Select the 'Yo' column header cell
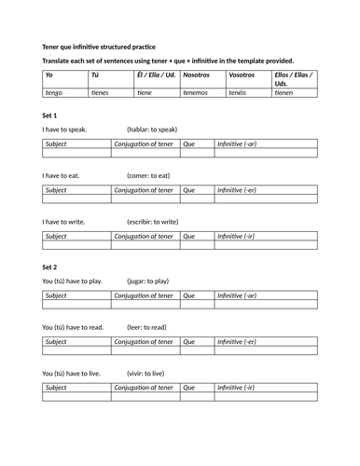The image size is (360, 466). tap(49, 75)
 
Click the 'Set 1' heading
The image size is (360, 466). tap(50, 115)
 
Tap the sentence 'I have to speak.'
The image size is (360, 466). tap(64, 130)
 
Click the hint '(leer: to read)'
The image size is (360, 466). tap(154, 327)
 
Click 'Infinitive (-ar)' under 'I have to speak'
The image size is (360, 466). tap(237, 144)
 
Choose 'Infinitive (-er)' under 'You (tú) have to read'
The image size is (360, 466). tap(237, 342)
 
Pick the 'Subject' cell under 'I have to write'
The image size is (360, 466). tap(56, 236)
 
